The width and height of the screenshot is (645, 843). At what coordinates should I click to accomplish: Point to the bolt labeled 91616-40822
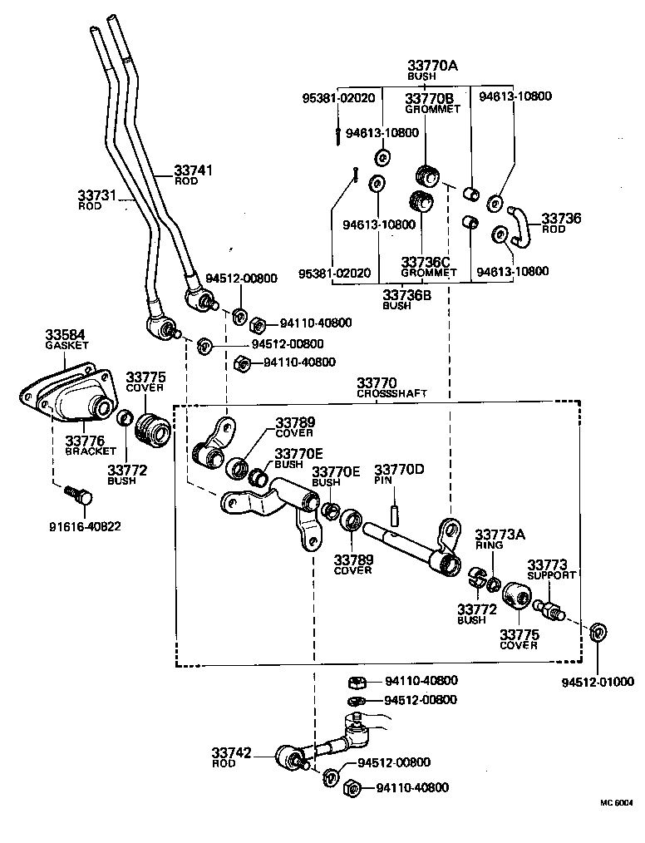[80, 497]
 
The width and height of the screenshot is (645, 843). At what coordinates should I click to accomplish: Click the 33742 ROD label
[233, 757]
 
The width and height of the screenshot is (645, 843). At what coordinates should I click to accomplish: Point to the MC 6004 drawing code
[617, 803]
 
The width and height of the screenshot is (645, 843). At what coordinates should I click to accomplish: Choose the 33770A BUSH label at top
[432, 69]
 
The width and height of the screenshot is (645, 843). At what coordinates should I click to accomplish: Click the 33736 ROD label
[561, 224]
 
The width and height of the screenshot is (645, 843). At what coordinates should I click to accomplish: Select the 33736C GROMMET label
[428, 266]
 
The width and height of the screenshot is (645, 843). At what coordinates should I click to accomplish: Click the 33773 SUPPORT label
[551, 569]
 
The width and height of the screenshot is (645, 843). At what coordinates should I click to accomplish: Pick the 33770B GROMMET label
[432, 103]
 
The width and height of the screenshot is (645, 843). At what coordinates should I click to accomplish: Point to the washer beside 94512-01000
[597, 633]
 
